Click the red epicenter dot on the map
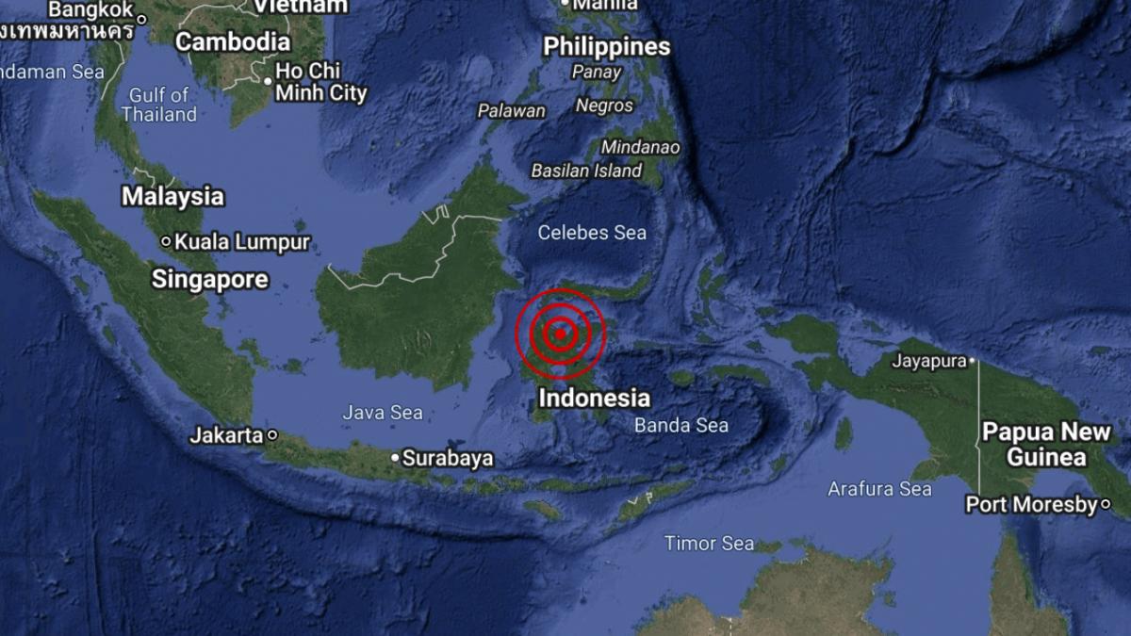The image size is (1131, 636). tap(560, 332)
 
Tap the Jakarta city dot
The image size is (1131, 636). tap(271, 435)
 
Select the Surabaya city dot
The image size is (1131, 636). tap(395, 458)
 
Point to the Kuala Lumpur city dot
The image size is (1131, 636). tap(166, 242)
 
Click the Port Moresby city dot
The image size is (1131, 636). tap(1105, 505)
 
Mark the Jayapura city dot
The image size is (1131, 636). tap(973, 360)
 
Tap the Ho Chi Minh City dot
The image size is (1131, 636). tap(268, 81)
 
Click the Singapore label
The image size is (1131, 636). tap(210, 280)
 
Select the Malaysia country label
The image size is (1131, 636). tap(172, 197)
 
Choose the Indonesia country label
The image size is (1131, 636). tap(594, 399)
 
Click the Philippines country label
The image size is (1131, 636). tap(607, 46)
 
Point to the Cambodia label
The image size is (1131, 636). tap(233, 41)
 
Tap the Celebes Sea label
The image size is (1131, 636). tap(592, 232)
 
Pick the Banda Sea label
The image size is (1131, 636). tap(680, 426)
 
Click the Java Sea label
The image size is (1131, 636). tap(383, 413)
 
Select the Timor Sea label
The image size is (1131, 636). tap(709, 543)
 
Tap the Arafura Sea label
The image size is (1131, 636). tap(879, 488)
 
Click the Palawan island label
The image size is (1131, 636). tap(512, 111)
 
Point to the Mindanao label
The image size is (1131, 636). tap(640, 147)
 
